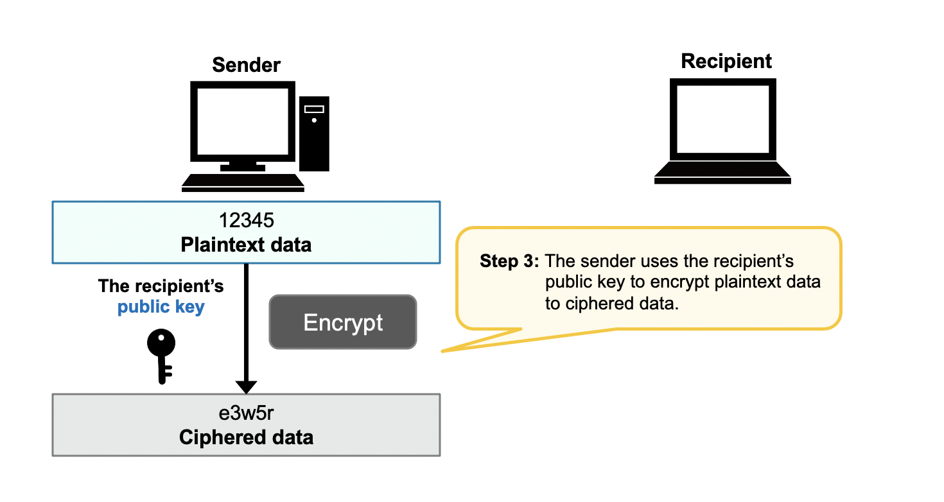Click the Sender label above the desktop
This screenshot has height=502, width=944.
click(x=246, y=65)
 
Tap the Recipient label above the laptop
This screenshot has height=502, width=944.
click(x=726, y=61)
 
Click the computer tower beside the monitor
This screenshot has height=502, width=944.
click(x=314, y=134)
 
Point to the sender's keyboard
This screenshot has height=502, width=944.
click(x=243, y=182)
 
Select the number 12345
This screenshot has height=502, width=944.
click(x=246, y=220)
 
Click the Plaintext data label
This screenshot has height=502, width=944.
click(x=246, y=245)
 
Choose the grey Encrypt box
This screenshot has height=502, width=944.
click(x=343, y=322)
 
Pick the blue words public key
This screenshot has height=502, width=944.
click(x=161, y=307)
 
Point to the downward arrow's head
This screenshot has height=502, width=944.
click(x=246, y=387)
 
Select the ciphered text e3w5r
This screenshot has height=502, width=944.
click(x=246, y=413)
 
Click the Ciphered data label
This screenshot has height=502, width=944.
click(x=246, y=438)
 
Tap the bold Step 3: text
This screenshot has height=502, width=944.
click(x=509, y=262)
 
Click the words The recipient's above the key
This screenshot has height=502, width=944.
click(x=161, y=286)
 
